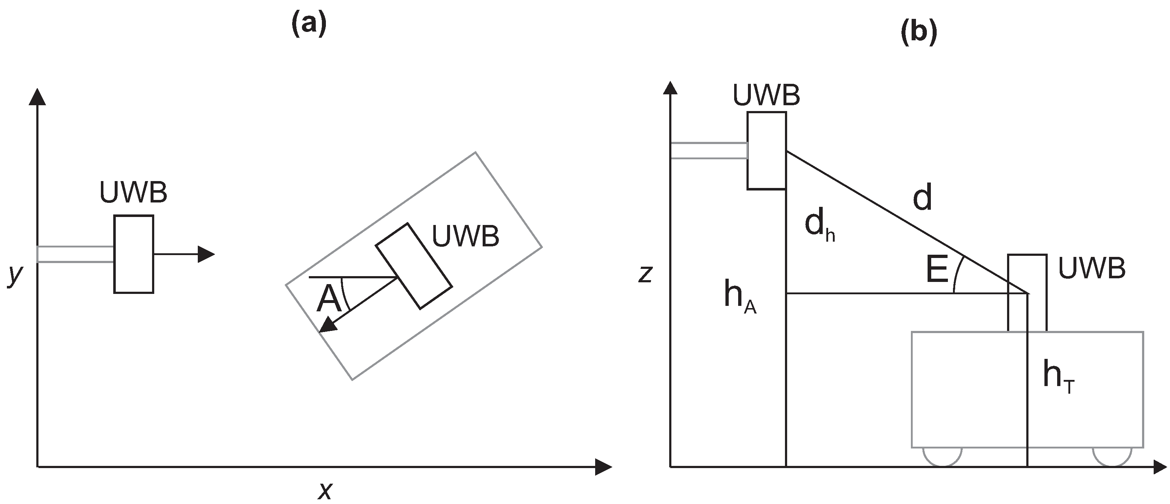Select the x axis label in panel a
[x=325, y=490]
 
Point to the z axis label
[x=645, y=274]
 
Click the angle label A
[x=328, y=299]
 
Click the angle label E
[x=937, y=269]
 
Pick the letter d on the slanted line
[x=922, y=197]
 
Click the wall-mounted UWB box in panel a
[x=134, y=254]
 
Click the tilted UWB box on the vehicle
[x=413, y=266]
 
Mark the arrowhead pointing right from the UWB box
[x=206, y=254]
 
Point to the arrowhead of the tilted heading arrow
[x=328, y=325]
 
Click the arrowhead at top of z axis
[x=670, y=88]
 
